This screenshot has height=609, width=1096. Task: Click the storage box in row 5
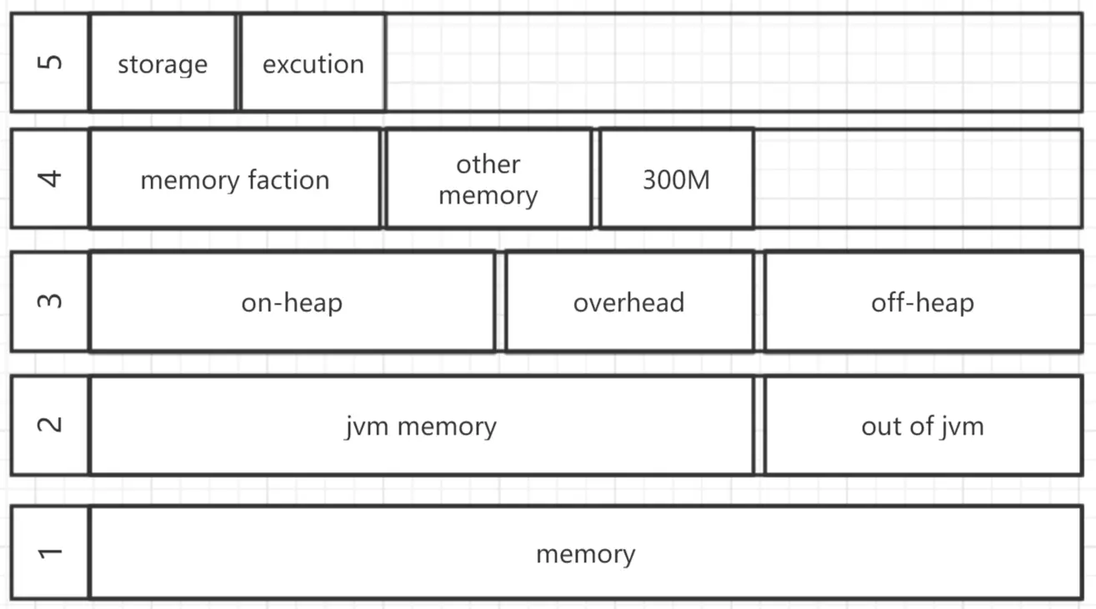(x=163, y=63)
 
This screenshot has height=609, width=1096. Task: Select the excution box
(x=313, y=63)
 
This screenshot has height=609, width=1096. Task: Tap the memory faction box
(x=235, y=179)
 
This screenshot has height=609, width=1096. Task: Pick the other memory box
(x=488, y=179)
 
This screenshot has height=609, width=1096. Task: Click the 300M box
(x=677, y=179)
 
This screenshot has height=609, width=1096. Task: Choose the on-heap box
(x=292, y=302)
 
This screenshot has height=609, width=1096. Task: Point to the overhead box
(x=629, y=302)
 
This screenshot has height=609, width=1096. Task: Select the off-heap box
(x=923, y=302)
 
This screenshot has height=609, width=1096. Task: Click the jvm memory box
(x=422, y=425)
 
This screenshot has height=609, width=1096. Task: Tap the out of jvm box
(x=923, y=425)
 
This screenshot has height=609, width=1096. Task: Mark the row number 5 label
(x=50, y=63)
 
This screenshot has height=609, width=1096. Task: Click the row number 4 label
(x=50, y=179)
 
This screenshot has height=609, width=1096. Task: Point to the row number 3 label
(x=50, y=302)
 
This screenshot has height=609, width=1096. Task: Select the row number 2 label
(x=50, y=425)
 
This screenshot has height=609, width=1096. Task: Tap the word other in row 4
(x=488, y=164)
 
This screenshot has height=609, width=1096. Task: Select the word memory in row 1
(x=586, y=555)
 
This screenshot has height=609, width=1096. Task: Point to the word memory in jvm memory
(x=447, y=427)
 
